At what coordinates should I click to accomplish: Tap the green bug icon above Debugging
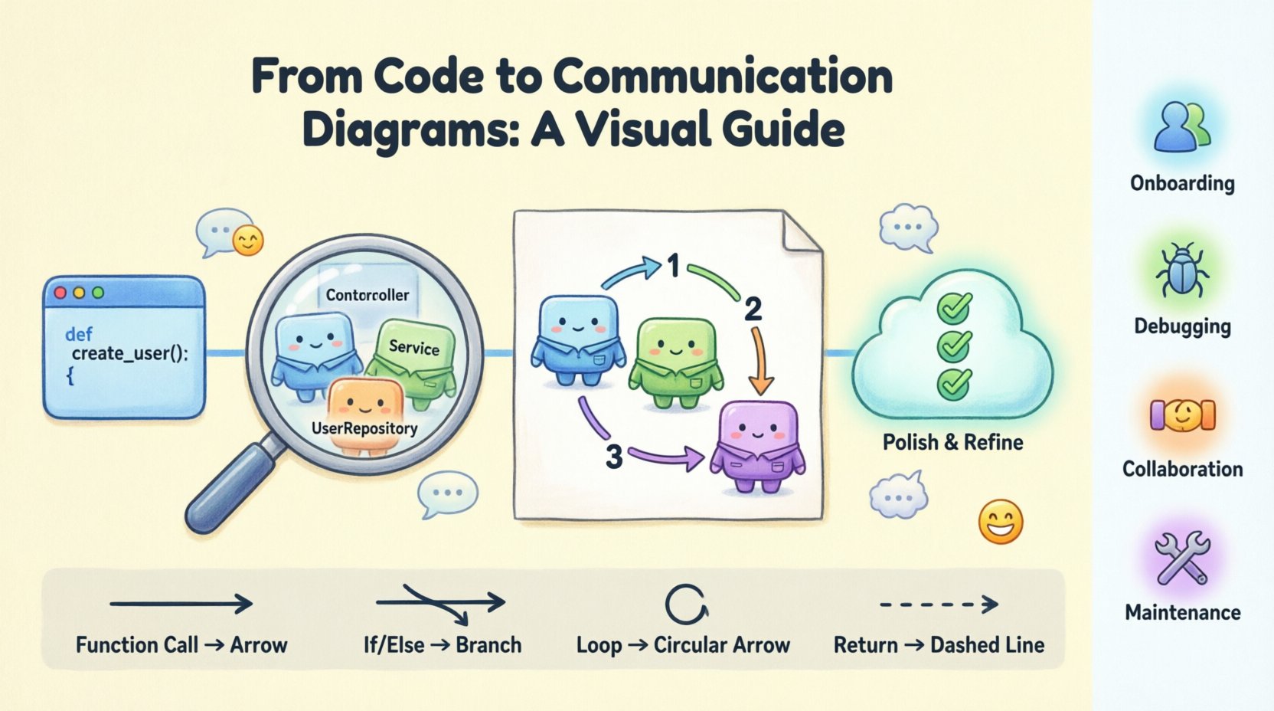pos(1182,270)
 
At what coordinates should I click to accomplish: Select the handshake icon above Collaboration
pos(1182,414)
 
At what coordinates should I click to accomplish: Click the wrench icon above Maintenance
pos(1182,557)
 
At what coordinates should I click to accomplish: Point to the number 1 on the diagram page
pos(673,267)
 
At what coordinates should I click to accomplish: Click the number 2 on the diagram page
pos(753,310)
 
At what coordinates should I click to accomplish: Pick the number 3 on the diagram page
pos(613,457)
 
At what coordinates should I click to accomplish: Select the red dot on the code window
pos(60,293)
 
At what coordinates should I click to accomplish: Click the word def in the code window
pos(79,334)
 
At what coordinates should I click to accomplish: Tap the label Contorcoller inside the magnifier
pos(367,295)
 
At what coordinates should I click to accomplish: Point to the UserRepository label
pos(364,428)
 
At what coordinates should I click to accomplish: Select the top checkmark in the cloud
pos(954,308)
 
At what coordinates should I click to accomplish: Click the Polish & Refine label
pos(952,442)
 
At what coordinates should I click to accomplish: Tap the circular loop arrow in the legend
pos(684,605)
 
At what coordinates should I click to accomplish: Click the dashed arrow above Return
pos(939,605)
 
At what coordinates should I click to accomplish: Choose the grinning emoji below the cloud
pos(1001,523)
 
